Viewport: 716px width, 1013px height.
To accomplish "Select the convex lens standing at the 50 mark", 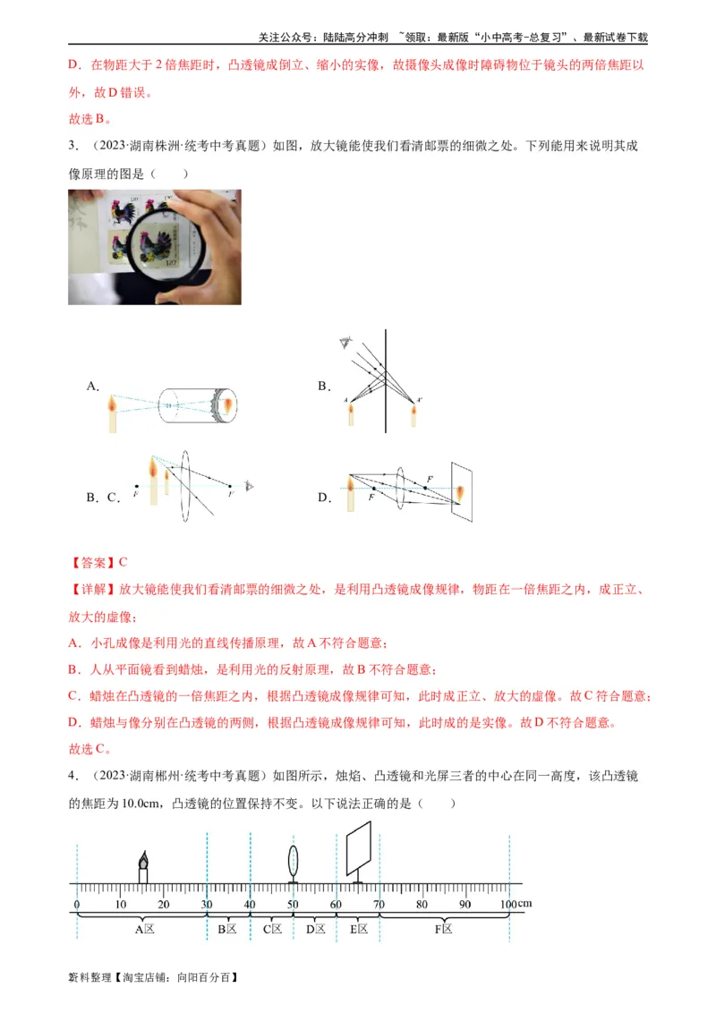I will tap(293, 862).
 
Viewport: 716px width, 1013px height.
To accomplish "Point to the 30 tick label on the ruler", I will tap(207, 905).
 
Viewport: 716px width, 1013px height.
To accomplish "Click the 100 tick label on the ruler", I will tap(507, 905).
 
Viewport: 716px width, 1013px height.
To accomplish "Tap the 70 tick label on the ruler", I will tap(379, 905).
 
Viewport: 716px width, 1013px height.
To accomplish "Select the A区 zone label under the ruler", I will tap(144, 930).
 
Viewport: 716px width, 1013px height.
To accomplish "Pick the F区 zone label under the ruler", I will tap(443, 930).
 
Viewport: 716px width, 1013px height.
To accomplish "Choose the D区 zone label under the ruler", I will tap(315, 930).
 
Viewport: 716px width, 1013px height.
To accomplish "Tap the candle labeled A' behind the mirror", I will tap(413, 414).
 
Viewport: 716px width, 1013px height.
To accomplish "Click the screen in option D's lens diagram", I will tap(462, 491).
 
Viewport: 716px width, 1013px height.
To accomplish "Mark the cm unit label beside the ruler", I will tap(524, 904).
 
